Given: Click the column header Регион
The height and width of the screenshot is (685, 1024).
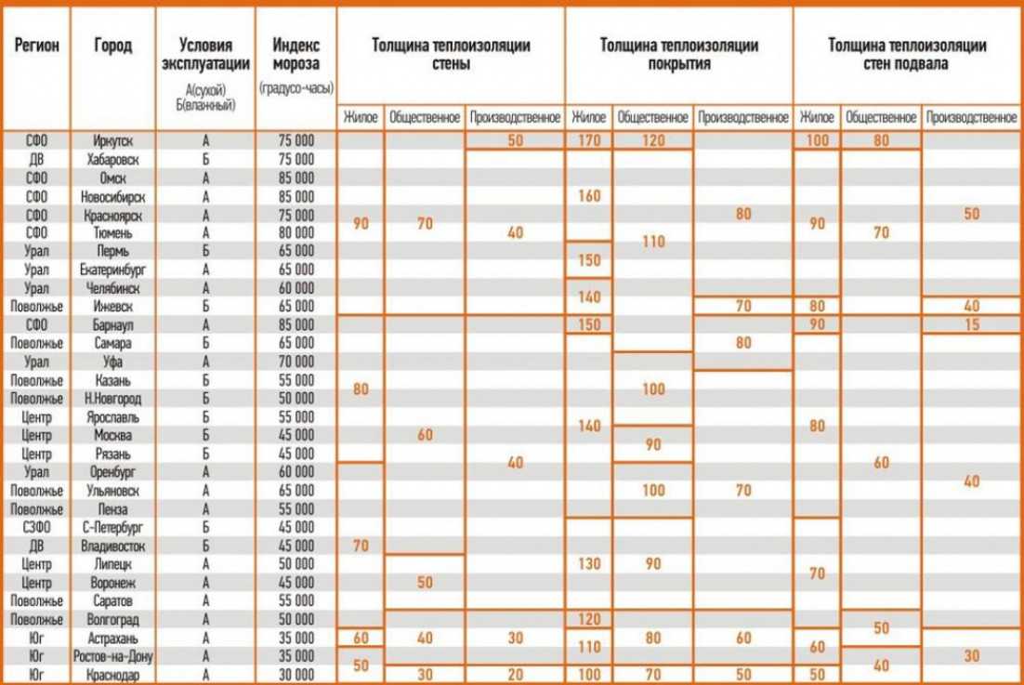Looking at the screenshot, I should click(x=36, y=46).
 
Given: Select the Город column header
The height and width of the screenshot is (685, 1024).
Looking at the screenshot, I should click(x=113, y=46).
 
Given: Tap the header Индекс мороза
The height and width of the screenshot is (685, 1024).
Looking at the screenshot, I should click(x=297, y=54).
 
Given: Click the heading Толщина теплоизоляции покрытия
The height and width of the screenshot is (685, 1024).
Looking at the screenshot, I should click(x=678, y=53).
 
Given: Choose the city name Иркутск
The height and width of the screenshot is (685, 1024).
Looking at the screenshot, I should click(x=113, y=140).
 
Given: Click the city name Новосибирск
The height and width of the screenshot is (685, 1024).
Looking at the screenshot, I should click(x=113, y=196).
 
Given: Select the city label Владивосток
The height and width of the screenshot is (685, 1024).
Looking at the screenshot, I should click(x=113, y=546).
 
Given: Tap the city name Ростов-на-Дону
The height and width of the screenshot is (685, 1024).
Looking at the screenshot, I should click(x=113, y=656).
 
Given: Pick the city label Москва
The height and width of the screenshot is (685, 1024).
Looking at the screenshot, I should click(x=113, y=435).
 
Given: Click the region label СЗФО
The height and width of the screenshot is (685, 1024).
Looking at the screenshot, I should click(x=36, y=527).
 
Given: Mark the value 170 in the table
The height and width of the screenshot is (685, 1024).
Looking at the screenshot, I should click(x=589, y=140).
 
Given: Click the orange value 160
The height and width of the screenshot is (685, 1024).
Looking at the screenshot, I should click(x=589, y=196).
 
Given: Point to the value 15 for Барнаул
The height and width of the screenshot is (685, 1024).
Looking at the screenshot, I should click(x=972, y=324).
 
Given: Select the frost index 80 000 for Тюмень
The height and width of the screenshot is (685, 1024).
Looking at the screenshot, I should click(x=297, y=232).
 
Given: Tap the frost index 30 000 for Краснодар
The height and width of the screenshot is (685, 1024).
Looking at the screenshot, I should click(x=297, y=675).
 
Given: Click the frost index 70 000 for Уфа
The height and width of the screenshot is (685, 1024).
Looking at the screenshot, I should click(x=297, y=362).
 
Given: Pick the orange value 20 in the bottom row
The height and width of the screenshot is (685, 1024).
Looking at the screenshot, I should click(x=515, y=675).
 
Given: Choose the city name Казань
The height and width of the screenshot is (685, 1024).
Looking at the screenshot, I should click(x=113, y=380).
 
